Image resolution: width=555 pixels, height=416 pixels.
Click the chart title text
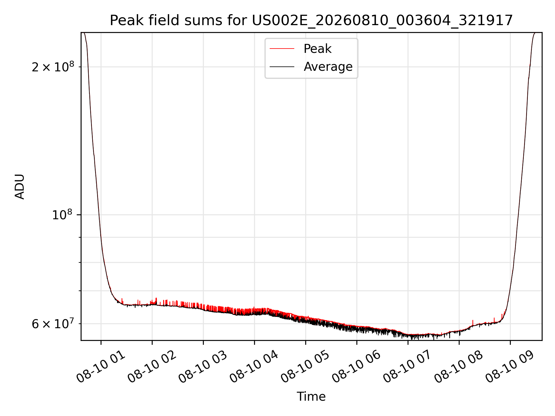coord(311,20)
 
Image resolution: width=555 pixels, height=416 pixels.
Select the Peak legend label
coord(317,49)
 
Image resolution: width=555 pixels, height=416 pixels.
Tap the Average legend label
coord(328,67)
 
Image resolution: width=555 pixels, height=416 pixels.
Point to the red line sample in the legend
coord(282,49)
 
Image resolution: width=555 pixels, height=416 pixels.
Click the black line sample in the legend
coord(282,67)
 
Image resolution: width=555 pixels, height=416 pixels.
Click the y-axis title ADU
coord(20,186)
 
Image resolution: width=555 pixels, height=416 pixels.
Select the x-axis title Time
coord(311,397)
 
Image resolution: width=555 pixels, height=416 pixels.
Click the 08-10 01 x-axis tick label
coord(101,367)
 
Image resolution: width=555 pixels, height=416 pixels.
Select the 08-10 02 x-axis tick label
coord(152,367)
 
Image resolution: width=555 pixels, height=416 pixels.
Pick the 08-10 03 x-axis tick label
coord(203,367)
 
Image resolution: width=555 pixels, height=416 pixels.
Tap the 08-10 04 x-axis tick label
coord(254,367)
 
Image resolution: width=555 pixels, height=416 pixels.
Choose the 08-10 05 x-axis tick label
coord(306,367)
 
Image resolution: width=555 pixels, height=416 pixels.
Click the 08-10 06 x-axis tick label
coord(357,367)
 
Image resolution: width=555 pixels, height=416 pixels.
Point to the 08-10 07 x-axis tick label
coord(408,367)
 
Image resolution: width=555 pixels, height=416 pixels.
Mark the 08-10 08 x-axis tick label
coord(459,367)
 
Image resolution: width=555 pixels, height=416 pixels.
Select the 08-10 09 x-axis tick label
coord(510,367)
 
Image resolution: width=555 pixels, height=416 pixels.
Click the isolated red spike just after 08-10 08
coord(473,323)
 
